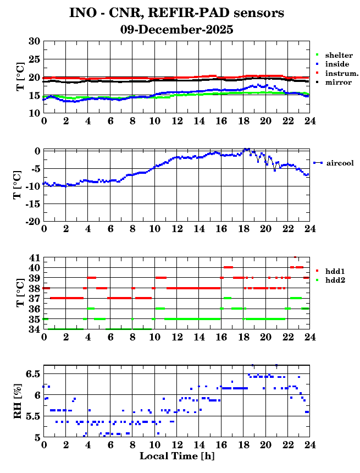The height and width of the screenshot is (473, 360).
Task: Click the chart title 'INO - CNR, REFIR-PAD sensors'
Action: [176, 13]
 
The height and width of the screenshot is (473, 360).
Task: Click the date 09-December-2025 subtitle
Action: [176, 30]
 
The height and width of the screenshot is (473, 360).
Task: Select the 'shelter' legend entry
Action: [337, 56]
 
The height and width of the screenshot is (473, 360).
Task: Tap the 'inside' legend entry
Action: [336, 64]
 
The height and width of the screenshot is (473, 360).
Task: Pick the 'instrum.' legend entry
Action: [341, 73]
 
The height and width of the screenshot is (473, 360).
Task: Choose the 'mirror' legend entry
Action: [338, 82]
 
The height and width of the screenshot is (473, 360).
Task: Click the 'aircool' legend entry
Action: [340, 163]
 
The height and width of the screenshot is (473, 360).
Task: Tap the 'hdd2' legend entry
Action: [335, 280]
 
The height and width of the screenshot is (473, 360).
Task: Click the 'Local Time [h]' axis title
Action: [176, 456]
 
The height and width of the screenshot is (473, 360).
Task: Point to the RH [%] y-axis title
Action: [18, 402]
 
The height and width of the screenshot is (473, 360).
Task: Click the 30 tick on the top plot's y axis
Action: [34, 42]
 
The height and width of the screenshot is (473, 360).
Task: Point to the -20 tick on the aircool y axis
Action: [32, 221]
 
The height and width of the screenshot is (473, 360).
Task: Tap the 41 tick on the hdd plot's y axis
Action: [34, 257]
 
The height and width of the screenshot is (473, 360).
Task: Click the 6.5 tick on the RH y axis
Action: [32, 374]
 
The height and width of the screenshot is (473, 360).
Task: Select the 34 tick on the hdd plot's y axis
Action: [34, 329]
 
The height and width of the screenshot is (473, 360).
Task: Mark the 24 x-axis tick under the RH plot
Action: [309, 445]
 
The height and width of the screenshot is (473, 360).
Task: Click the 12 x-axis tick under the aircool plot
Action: [176, 228]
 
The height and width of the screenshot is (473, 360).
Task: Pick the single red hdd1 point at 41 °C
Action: [295, 257]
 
